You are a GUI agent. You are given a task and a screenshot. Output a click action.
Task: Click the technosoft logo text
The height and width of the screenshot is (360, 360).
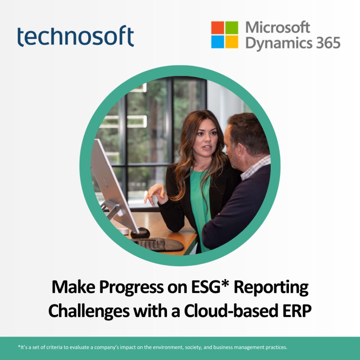[x=76, y=36]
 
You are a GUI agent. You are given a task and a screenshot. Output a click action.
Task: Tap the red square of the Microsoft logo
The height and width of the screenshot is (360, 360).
[x=217, y=27]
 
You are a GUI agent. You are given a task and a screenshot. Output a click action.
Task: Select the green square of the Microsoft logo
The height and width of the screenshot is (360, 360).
[x=231, y=27]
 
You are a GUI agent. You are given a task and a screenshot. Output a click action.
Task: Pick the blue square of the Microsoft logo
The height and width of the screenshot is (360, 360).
[x=217, y=41]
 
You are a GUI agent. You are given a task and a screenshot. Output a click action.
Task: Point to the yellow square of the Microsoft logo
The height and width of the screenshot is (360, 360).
[x=231, y=41]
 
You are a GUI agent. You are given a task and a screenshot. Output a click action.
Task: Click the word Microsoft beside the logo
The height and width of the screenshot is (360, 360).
[x=278, y=27]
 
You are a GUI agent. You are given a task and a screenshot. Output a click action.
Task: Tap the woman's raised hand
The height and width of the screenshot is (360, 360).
[x=156, y=194]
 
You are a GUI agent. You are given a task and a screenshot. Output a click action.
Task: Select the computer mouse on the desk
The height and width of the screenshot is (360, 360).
[x=140, y=233]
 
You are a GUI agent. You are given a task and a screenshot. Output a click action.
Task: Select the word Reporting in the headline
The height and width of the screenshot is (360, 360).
[x=271, y=288]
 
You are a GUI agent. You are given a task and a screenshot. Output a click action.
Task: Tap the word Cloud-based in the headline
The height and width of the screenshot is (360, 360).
[x=231, y=311]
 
